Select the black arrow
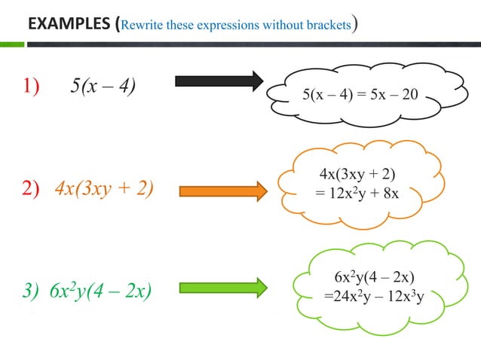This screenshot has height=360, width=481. [x=219, y=81]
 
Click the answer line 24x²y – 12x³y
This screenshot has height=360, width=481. [x=374, y=294]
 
